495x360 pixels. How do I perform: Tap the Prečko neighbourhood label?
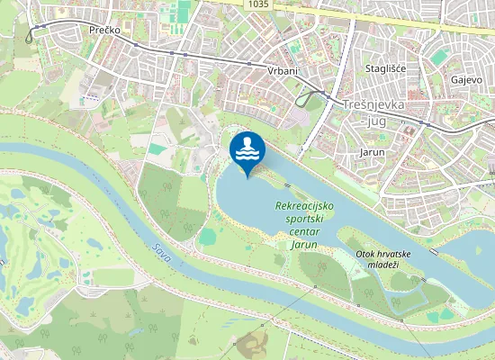click(106, 30)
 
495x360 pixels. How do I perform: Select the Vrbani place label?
click(283, 70)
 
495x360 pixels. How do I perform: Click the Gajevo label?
click(466, 79)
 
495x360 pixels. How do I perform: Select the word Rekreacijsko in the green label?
click(304, 206)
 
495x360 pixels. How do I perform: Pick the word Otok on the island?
click(364, 254)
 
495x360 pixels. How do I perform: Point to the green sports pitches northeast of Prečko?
click(184, 13)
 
